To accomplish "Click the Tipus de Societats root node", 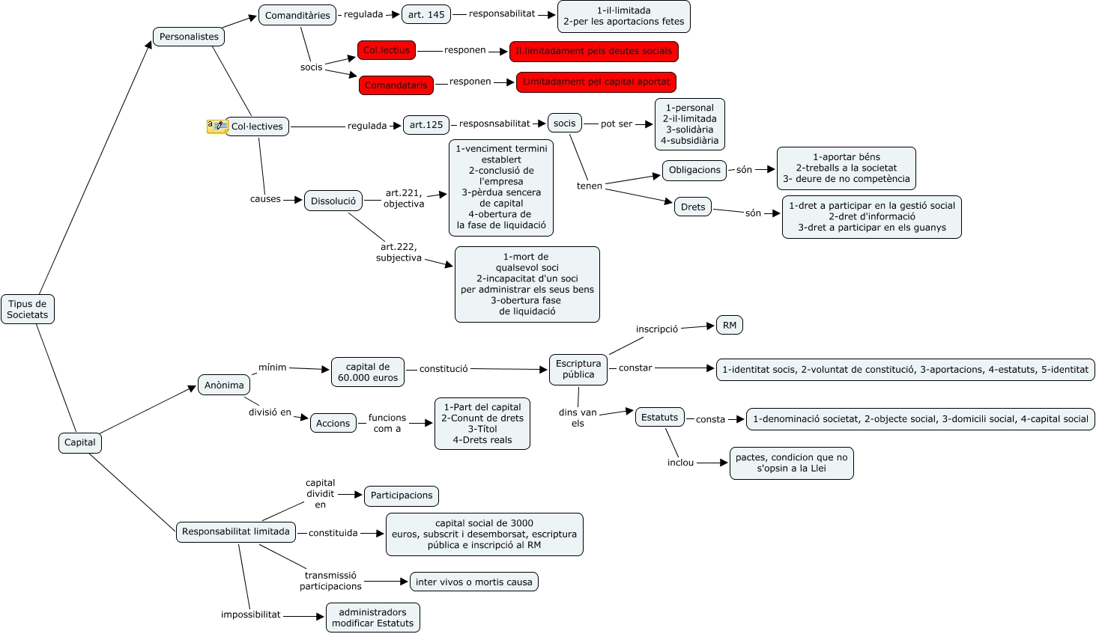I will [28, 309].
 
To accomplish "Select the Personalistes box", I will [189, 37].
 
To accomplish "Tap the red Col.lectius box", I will [387, 50].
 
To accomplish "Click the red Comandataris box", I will [396, 85].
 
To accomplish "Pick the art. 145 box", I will [426, 14].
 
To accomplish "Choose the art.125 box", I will [426, 125].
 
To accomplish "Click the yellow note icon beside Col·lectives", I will [217, 127].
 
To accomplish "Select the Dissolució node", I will [333, 201].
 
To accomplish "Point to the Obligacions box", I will [694, 170].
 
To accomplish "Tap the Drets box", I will [693, 207].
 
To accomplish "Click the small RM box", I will [730, 325].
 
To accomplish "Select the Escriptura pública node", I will [578, 369].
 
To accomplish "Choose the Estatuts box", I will [659, 418].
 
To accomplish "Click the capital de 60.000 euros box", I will [368, 372].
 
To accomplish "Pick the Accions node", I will [333, 423].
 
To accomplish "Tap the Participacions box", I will [402, 496].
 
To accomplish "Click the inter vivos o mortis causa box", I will [473, 582].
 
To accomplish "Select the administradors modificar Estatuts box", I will [372, 618].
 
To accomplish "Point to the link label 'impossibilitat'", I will [250, 615].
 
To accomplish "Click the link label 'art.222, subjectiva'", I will [399, 252].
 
